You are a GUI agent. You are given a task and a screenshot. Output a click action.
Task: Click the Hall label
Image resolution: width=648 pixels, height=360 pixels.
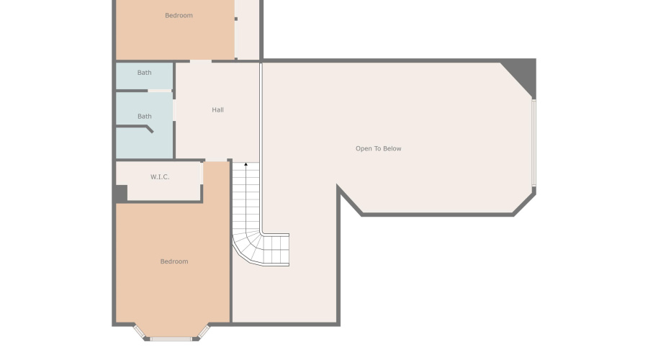tap(217, 110)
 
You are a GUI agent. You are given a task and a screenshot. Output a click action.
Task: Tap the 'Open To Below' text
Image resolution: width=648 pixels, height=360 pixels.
tap(378, 149)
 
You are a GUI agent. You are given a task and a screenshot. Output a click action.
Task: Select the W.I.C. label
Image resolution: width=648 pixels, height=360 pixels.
tap(160, 176)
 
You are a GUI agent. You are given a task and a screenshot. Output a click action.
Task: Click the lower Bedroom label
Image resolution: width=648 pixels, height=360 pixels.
tap(174, 261)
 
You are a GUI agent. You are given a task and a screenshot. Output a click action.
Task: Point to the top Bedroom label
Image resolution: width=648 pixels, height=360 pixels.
tap(179, 15)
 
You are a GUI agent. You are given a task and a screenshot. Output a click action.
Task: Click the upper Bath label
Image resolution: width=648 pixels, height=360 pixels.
tap(145, 73)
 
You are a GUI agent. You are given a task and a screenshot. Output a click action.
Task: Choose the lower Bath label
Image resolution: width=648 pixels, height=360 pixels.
tap(145, 116)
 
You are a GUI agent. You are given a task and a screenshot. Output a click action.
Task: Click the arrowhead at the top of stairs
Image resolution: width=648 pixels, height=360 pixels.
tap(246, 165)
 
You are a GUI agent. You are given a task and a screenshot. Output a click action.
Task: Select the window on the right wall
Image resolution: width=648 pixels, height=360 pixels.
tap(534, 143)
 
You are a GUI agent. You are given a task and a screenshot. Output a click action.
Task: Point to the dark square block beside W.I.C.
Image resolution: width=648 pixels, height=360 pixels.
tap(121, 193)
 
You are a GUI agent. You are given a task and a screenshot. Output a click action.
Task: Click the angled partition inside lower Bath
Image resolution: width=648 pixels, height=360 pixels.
tap(148, 129)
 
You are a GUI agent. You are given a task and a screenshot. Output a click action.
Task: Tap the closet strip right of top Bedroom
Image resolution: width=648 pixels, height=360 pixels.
tap(248, 29)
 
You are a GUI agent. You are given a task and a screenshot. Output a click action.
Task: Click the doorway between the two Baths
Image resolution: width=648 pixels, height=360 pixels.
tap(161, 91)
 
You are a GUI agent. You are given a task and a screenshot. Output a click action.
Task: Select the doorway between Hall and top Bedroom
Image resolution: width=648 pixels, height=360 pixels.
tap(200, 61)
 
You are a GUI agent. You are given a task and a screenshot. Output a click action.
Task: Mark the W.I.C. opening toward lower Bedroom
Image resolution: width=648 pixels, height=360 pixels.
tap(202, 173)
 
